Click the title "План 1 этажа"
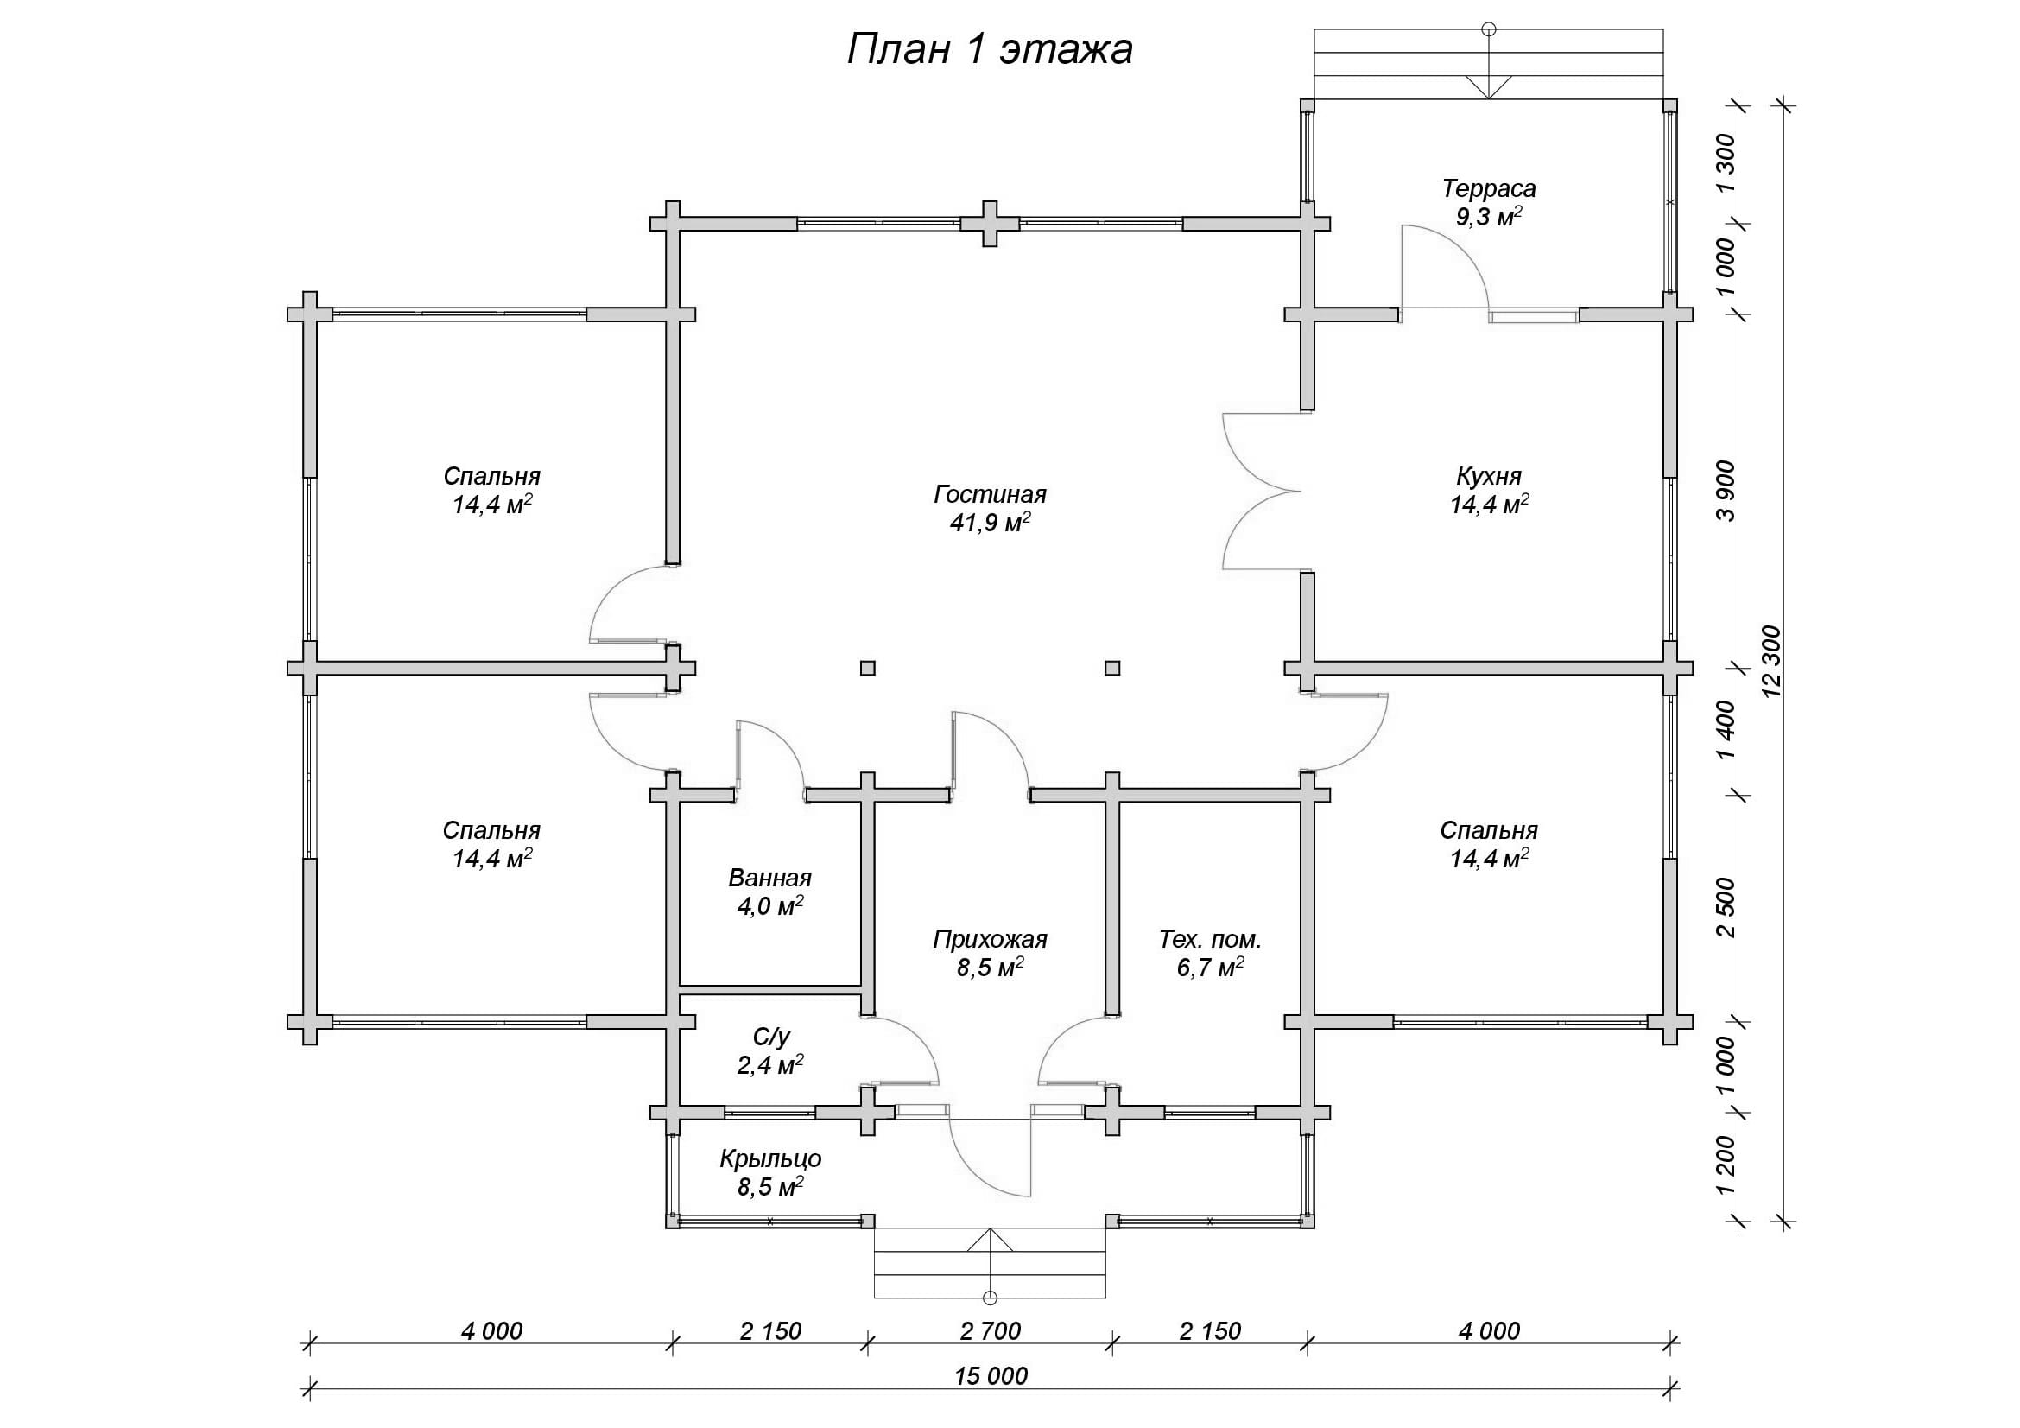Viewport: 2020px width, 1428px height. pos(990,51)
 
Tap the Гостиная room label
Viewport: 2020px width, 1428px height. pos(990,494)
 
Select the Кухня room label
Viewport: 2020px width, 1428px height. pos(1489,476)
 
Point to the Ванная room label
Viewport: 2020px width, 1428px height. pos(769,878)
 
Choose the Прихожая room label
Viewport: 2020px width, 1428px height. pos(990,940)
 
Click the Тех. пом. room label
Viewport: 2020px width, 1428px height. pos(1210,940)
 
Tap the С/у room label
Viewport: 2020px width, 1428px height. pos(769,1038)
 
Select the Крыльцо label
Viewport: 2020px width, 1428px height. pos(769,1158)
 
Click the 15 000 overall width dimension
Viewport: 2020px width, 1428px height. pos(991,1375)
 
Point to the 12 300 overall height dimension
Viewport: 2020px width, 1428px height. pos(1771,661)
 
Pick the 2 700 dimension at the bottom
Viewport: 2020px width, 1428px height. pos(991,1331)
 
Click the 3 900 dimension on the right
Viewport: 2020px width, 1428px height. pos(1726,490)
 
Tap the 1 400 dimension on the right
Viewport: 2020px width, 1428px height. pos(1726,731)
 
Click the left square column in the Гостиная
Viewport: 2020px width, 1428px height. pos(867,668)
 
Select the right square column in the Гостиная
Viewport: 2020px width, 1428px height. pos(1112,668)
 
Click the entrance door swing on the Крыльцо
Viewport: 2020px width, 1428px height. pos(990,1154)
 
